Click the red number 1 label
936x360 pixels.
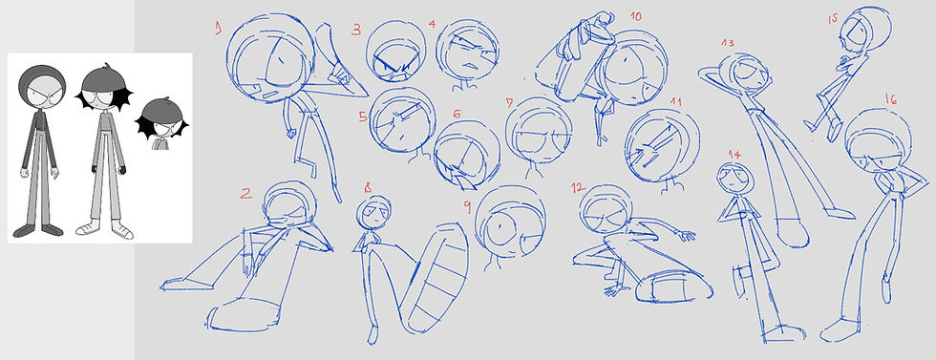219,27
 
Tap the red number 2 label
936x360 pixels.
246,193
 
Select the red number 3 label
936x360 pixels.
356,30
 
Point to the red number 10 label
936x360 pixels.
636,16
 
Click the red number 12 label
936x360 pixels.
577,188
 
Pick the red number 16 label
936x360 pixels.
891,99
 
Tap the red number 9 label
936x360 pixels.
467,206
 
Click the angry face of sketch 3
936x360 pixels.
395,52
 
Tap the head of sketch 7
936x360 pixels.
539,131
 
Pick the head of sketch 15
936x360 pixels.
866,32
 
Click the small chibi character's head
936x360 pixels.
161,119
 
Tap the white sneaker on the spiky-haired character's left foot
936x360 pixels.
122,230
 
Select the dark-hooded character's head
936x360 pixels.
42,88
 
